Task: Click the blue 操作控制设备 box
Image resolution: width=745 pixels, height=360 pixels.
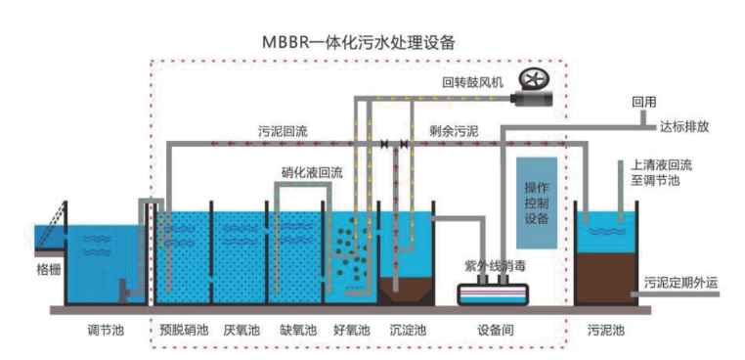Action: [x=537, y=202]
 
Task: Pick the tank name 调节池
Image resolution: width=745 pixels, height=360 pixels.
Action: [x=106, y=331]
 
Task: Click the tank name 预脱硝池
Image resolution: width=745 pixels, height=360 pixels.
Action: [x=184, y=331]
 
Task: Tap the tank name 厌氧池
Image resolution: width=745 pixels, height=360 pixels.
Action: [x=240, y=331]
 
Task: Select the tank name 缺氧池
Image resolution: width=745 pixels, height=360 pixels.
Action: [x=296, y=331]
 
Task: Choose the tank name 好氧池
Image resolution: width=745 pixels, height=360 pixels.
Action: [x=351, y=331]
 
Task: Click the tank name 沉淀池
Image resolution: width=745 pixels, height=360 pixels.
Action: [x=407, y=331]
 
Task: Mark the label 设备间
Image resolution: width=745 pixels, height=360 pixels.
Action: [x=496, y=331]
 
